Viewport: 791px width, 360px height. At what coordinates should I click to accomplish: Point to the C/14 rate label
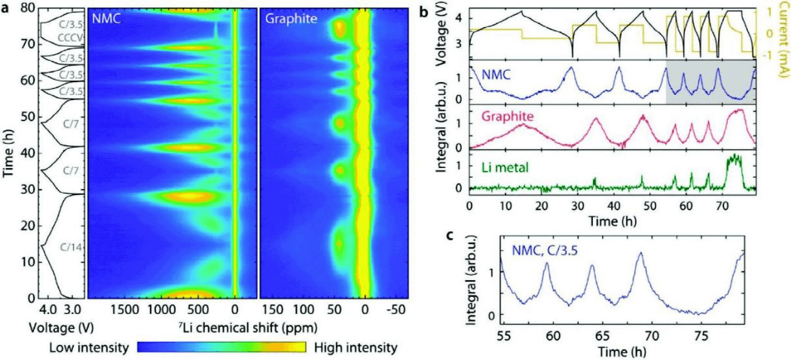(72, 247)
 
